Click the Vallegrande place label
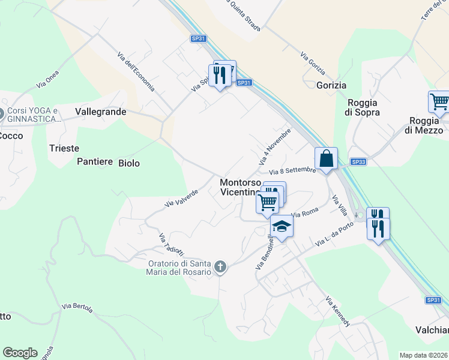101,112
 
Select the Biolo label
129,163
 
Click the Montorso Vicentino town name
240,187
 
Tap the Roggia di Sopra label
362,107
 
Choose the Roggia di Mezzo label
423,125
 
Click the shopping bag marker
326,159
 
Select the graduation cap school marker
280,227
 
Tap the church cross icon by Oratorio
220,266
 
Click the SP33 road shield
358,162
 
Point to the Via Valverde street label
181,199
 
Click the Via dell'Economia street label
136,73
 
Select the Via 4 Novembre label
275,146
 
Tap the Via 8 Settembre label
292,171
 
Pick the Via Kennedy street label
337,311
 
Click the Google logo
20,353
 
